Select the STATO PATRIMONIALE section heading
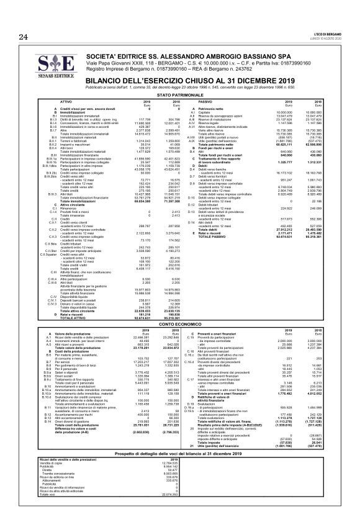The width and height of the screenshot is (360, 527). tap(179, 94)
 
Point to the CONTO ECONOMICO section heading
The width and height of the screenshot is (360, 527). tap(179, 324)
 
